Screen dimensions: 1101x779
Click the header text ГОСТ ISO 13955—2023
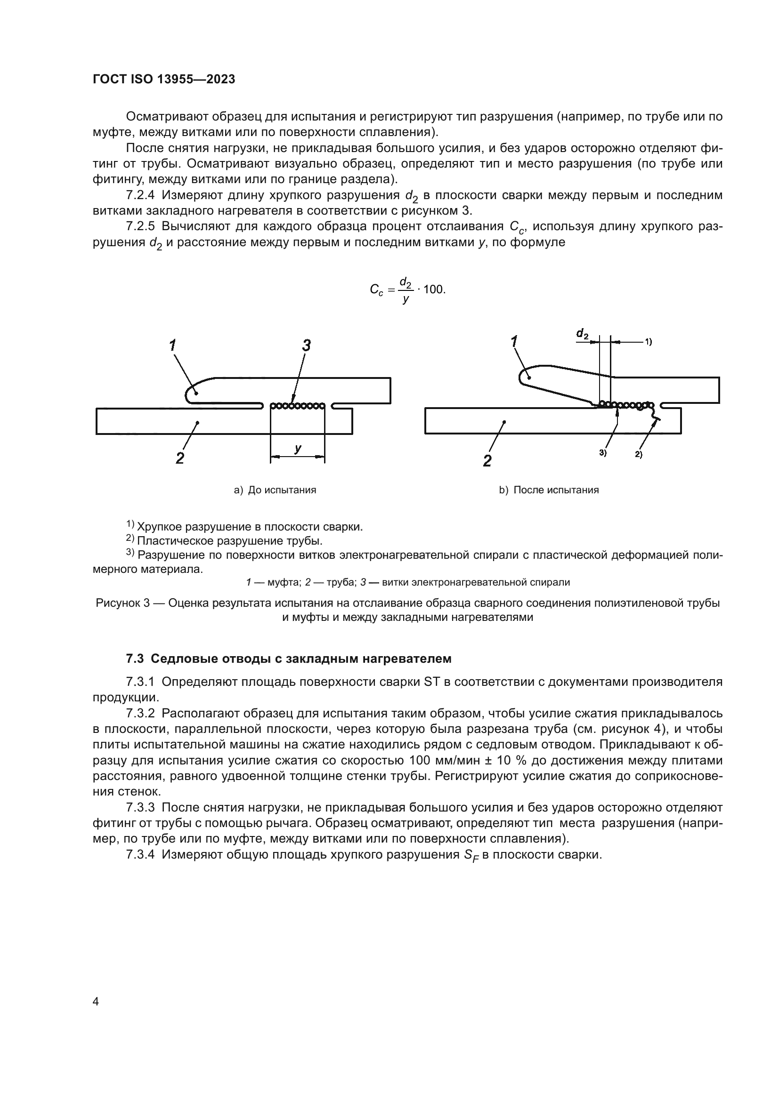point(163,80)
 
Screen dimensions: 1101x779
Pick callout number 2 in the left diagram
point(180,458)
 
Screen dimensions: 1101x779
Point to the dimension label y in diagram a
point(298,449)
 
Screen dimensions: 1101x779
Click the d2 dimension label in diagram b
point(582,334)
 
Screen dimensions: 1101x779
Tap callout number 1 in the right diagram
point(514,342)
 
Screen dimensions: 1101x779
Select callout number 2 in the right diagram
point(487,461)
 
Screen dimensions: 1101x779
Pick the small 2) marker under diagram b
point(639,454)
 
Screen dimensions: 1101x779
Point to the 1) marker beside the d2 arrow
point(648,342)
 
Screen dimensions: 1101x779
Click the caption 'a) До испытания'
point(275,490)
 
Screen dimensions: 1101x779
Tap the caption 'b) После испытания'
point(549,490)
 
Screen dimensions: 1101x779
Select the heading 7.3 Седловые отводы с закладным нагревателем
point(288,659)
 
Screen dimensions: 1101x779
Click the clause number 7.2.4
point(140,195)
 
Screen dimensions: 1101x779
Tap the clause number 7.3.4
point(140,854)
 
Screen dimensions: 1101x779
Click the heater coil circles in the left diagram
point(298,406)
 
